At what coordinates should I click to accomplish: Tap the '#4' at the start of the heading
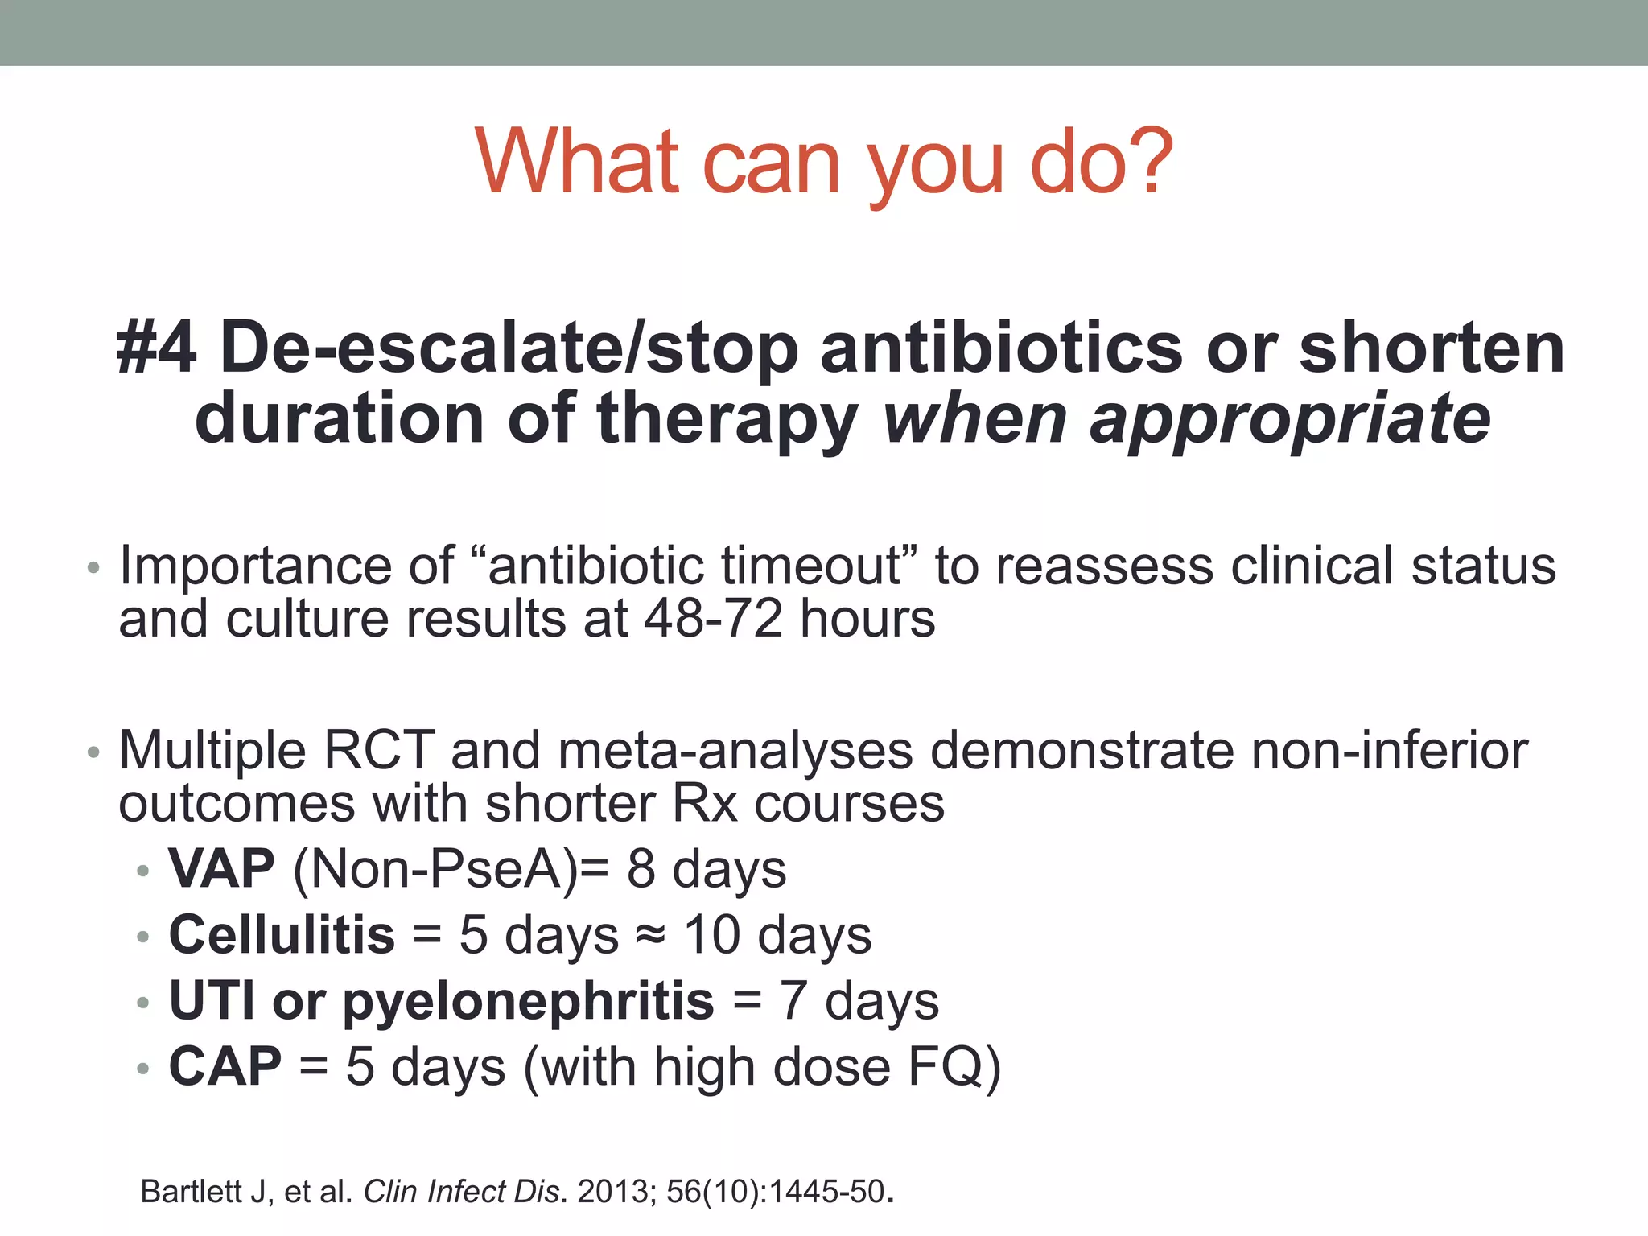pos(157,348)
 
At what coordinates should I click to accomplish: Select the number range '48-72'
pos(713,619)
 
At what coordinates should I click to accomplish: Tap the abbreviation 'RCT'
pos(378,750)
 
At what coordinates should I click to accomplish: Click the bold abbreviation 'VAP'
pos(221,869)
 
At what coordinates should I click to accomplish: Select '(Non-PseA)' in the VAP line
pos(435,869)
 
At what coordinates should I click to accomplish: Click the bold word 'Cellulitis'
pos(282,935)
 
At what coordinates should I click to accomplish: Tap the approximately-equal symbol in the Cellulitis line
pos(650,935)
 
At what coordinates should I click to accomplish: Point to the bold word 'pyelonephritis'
pos(528,1001)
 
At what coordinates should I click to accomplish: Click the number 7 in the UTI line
pos(793,1001)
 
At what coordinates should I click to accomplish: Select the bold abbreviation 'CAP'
pos(225,1067)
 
